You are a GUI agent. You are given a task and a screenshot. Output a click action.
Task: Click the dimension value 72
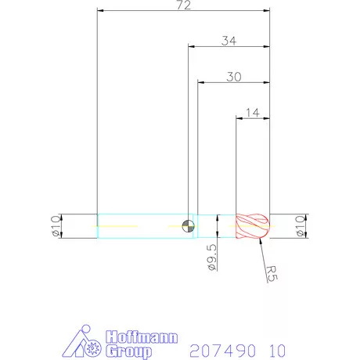coord(185,5)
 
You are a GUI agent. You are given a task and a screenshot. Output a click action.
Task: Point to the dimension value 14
coord(253,112)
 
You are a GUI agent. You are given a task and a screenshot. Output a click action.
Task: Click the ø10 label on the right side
coord(299,225)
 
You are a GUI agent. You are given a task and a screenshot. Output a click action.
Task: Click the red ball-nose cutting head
coord(253,226)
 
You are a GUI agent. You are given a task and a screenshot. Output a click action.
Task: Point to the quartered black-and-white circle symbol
coord(186,226)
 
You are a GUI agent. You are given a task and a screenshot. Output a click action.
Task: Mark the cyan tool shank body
coord(141,226)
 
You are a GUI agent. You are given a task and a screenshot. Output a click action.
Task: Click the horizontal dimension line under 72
coord(183,11)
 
